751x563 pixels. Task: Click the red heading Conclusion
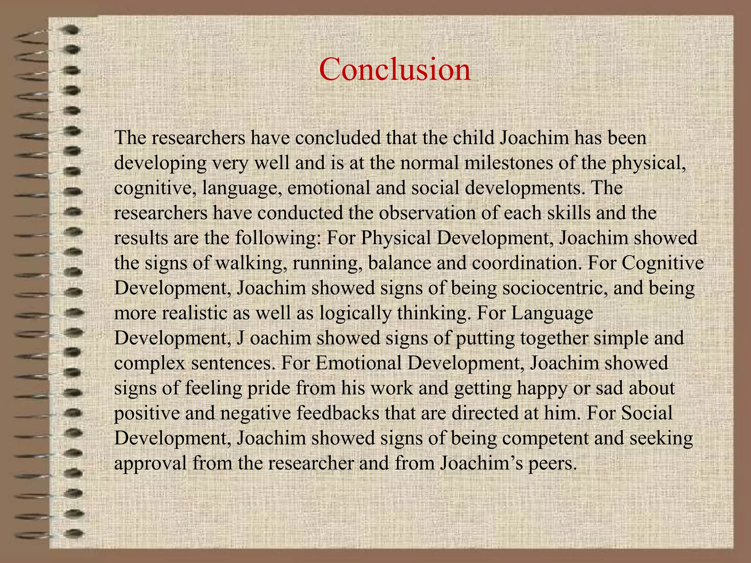[395, 69]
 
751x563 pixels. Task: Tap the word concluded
[337, 138]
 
